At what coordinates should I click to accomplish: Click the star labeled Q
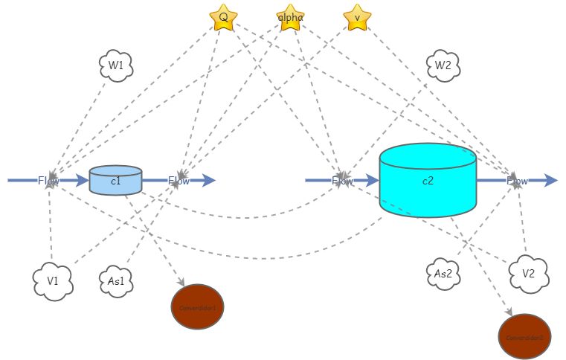(223, 17)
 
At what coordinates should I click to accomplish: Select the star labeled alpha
(290, 17)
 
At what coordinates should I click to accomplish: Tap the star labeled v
(357, 17)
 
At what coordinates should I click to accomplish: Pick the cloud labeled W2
(443, 65)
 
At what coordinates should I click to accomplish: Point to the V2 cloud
(529, 273)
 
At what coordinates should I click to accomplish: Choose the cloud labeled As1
(117, 281)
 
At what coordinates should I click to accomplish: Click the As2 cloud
(444, 273)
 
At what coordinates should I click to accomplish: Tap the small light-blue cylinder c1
(115, 181)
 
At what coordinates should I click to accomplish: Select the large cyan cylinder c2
(428, 181)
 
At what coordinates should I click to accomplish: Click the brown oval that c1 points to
(197, 306)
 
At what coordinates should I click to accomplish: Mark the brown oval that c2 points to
(524, 336)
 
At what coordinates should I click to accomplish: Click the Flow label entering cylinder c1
(49, 180)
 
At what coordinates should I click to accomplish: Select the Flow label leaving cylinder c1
(179, 180)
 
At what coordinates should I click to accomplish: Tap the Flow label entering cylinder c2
(343, 180)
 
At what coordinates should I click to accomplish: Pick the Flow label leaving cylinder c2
(518, 180)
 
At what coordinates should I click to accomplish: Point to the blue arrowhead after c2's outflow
(550, 180)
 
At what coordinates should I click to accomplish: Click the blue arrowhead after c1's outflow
(209, 180)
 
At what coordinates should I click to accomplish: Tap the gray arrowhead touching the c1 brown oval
(180, 283)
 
